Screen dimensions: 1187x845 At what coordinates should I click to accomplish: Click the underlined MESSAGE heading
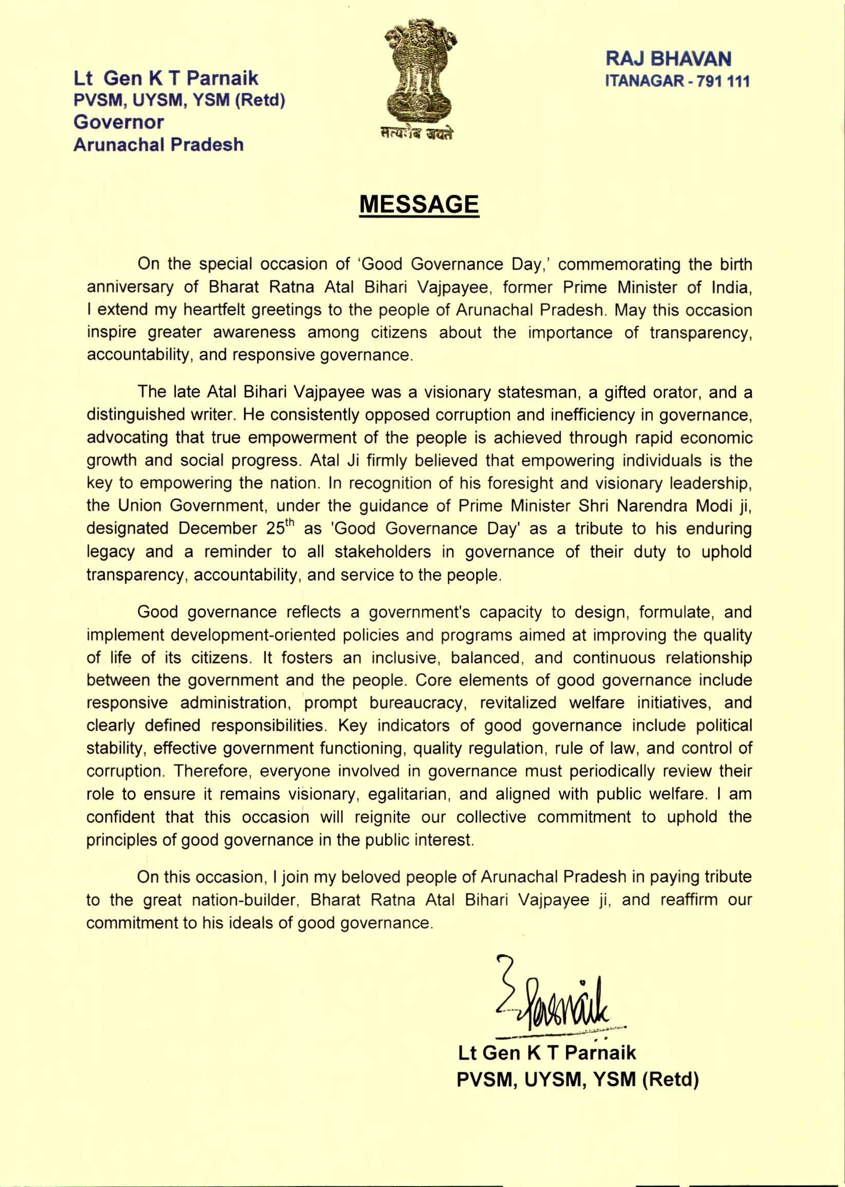[x=419, y=204]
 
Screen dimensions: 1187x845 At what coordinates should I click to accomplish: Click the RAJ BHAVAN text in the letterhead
[x=669, y=59]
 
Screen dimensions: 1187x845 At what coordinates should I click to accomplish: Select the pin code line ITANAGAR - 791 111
[x=677, y=82]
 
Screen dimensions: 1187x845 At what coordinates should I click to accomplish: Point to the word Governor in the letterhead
[x=119, y=122]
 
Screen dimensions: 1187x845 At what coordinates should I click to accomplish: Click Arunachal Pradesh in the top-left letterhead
[x=158, y=144]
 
